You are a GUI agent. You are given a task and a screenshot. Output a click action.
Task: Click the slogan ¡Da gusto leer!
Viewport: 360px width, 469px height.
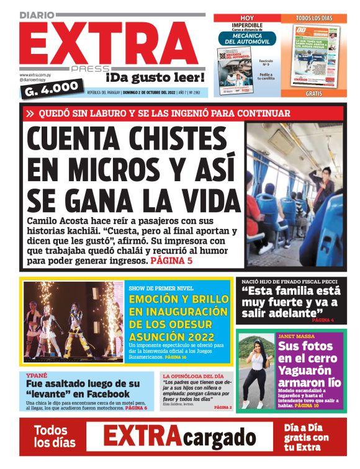pyautogui.click(x=155, y=78)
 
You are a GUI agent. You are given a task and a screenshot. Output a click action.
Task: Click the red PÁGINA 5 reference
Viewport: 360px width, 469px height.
pyautogui.click(x=171, y=261)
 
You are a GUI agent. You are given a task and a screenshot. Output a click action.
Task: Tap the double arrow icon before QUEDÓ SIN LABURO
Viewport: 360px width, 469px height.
pyautogui.click(x=30, y=114)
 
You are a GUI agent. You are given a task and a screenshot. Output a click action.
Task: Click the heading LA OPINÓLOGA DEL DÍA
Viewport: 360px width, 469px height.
pyautogui.click(x=193, y=377)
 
